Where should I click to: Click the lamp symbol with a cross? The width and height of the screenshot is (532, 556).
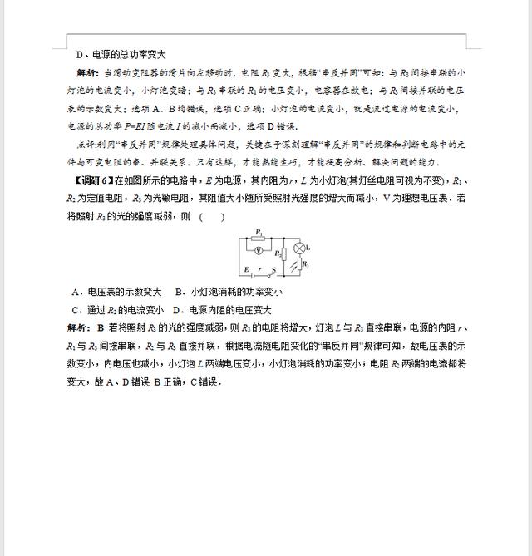[299, 248]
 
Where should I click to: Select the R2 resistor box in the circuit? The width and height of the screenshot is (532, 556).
[285, 253]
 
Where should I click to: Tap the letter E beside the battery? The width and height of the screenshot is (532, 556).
[246, 269]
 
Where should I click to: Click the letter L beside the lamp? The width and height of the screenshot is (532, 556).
[308, 247]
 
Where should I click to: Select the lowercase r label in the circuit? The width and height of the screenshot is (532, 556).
[259, 269]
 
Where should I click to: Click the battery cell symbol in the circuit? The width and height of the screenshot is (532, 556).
[253, 275]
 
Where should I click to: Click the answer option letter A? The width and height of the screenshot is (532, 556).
[76, 292]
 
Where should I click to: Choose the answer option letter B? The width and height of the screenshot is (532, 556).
[179, 292]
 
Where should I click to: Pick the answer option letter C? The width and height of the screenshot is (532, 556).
[76, 309]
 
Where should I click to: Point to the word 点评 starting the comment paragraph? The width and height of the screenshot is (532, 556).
[84, 144]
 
